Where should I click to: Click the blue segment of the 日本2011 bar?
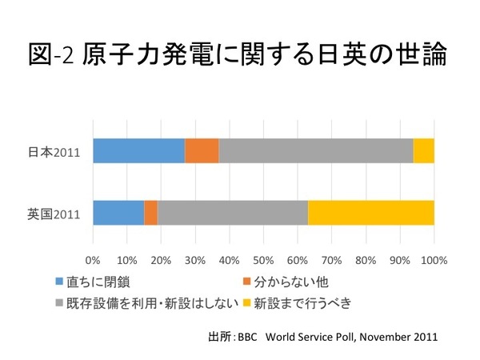pyautogui.click(x=138, y=150)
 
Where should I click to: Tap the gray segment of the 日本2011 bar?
pyautogui.click(x=316, y=150)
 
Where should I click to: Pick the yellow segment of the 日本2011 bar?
pyautogui.click(x=424, y=150)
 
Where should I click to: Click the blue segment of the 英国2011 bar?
pyautogui.click(x=118, y=213)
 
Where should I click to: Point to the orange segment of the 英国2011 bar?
pyautogui.click(x=150, y=213)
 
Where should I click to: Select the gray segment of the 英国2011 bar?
pyautogui.click(x=232, y=213)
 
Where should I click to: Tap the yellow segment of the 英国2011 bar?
pyautogui.click(x=371, y=213)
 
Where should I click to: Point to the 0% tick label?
pyautogui.click(x=93, y=260)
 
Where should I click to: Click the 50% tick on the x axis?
pyautogui.click(x=263, y=260)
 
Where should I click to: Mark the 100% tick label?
pyautogui.click(x=433, y=260)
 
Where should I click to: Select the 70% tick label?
pyautogui.click(x=332, y=260)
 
